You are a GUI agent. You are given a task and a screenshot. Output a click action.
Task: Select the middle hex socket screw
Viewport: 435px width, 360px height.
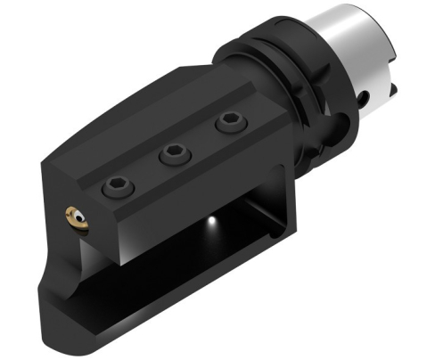tap(171, 157)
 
